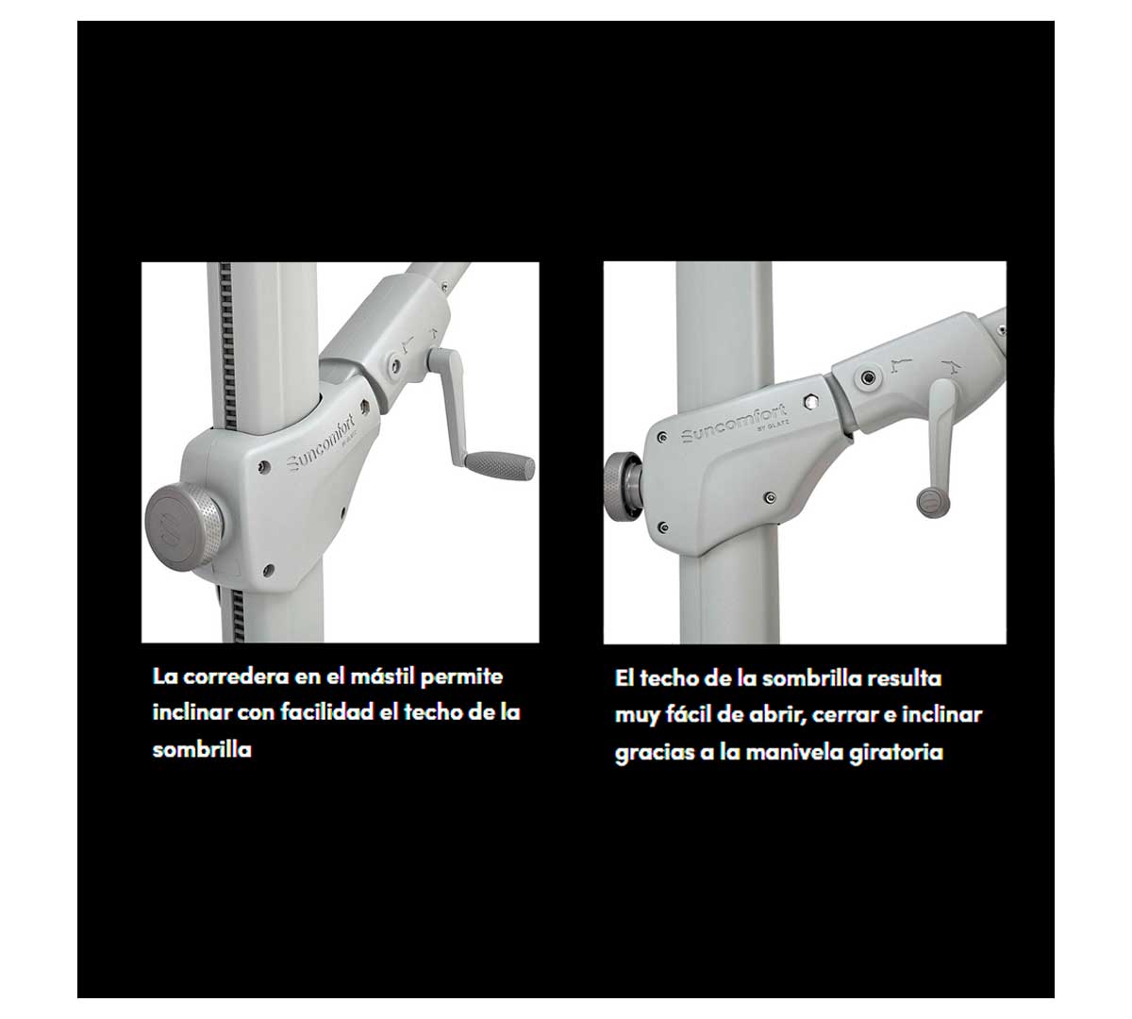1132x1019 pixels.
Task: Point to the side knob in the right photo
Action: tap(623, 486)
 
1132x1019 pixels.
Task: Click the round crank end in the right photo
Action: tap(927, 500)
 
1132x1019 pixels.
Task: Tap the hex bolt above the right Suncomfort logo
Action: tap(811, 401)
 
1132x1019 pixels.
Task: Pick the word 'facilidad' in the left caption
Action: tap(326, 712)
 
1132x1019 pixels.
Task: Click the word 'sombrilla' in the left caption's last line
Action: tap(202, 750)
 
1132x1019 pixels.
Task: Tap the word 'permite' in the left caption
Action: tap(461, 677)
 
